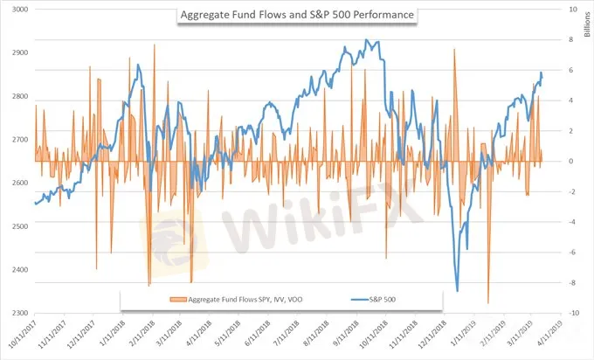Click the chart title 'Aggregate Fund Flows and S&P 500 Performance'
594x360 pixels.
tap(297, 15)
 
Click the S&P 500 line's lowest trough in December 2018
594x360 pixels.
tap(457, 291)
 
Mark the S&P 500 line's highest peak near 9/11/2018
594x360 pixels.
tap(367, 40)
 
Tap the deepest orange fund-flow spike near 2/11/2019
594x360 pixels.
tap(487, 303)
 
